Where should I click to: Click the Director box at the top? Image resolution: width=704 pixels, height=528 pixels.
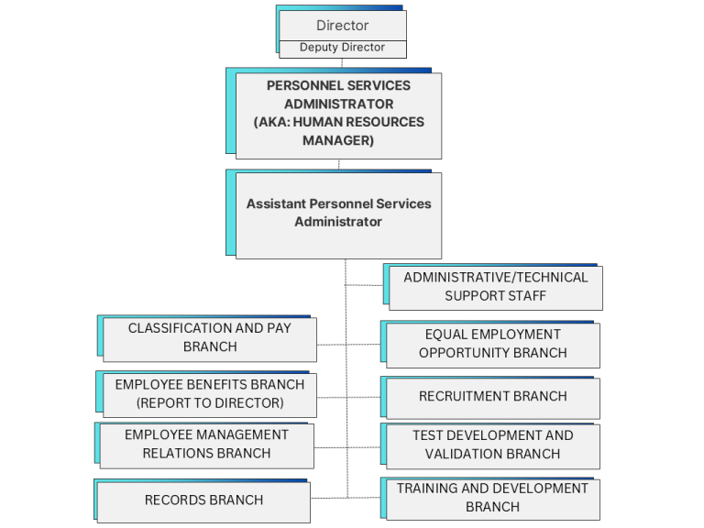343,26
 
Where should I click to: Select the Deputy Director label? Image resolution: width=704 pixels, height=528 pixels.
343,47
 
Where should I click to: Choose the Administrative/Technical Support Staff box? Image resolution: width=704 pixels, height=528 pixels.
496,288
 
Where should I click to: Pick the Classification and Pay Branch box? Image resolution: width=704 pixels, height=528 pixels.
210,339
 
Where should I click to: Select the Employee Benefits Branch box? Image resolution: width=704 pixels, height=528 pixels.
210,395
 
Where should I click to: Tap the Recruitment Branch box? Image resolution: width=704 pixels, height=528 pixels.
493,398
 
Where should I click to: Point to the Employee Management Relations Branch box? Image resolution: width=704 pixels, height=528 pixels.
206,446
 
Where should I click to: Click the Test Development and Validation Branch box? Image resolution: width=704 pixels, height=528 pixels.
493,446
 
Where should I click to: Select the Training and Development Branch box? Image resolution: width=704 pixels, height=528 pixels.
493,499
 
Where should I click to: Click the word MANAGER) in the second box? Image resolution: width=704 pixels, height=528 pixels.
338,140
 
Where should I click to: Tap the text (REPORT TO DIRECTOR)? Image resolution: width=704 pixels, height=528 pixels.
210,402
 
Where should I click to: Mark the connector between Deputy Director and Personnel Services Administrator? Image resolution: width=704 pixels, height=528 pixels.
342,63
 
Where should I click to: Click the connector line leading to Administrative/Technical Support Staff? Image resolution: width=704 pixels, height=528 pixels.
364,285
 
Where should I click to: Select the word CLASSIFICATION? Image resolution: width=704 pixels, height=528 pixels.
180,328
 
